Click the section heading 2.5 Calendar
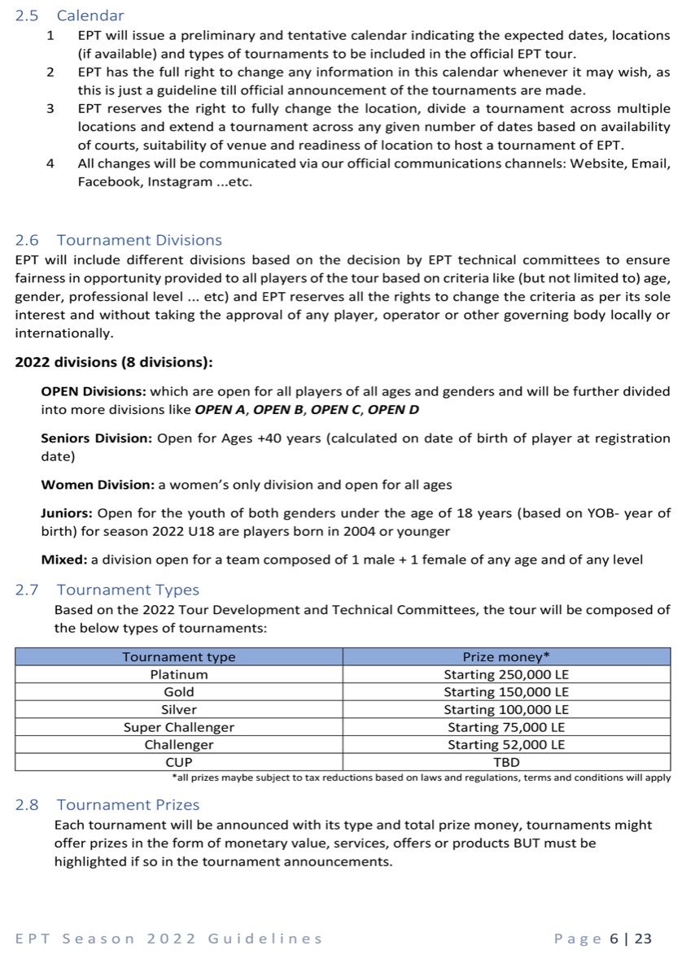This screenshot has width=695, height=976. coord(70,15)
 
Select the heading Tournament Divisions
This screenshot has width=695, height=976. coord(118,240)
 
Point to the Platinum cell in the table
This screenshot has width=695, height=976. coord(179,674)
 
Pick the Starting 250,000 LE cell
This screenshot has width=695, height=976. coord(506,674)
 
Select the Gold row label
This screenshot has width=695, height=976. coord(179,692)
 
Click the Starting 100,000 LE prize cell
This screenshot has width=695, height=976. coord(506,709)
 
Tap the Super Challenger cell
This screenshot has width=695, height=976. coord(179,727)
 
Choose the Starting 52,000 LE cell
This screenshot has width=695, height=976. coord(506,745)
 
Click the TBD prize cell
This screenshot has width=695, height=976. coord(506,763)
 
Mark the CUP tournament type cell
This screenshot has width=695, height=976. coord(179,763)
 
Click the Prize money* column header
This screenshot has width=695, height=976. coord(506,656)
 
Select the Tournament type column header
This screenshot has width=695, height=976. coord(179,656)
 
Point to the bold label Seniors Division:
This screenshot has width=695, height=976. coord(97,438)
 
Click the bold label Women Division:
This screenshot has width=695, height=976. coord(98,485)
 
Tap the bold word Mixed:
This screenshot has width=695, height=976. coord(64,560)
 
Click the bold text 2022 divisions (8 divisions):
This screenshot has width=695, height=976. coord(114,362)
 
